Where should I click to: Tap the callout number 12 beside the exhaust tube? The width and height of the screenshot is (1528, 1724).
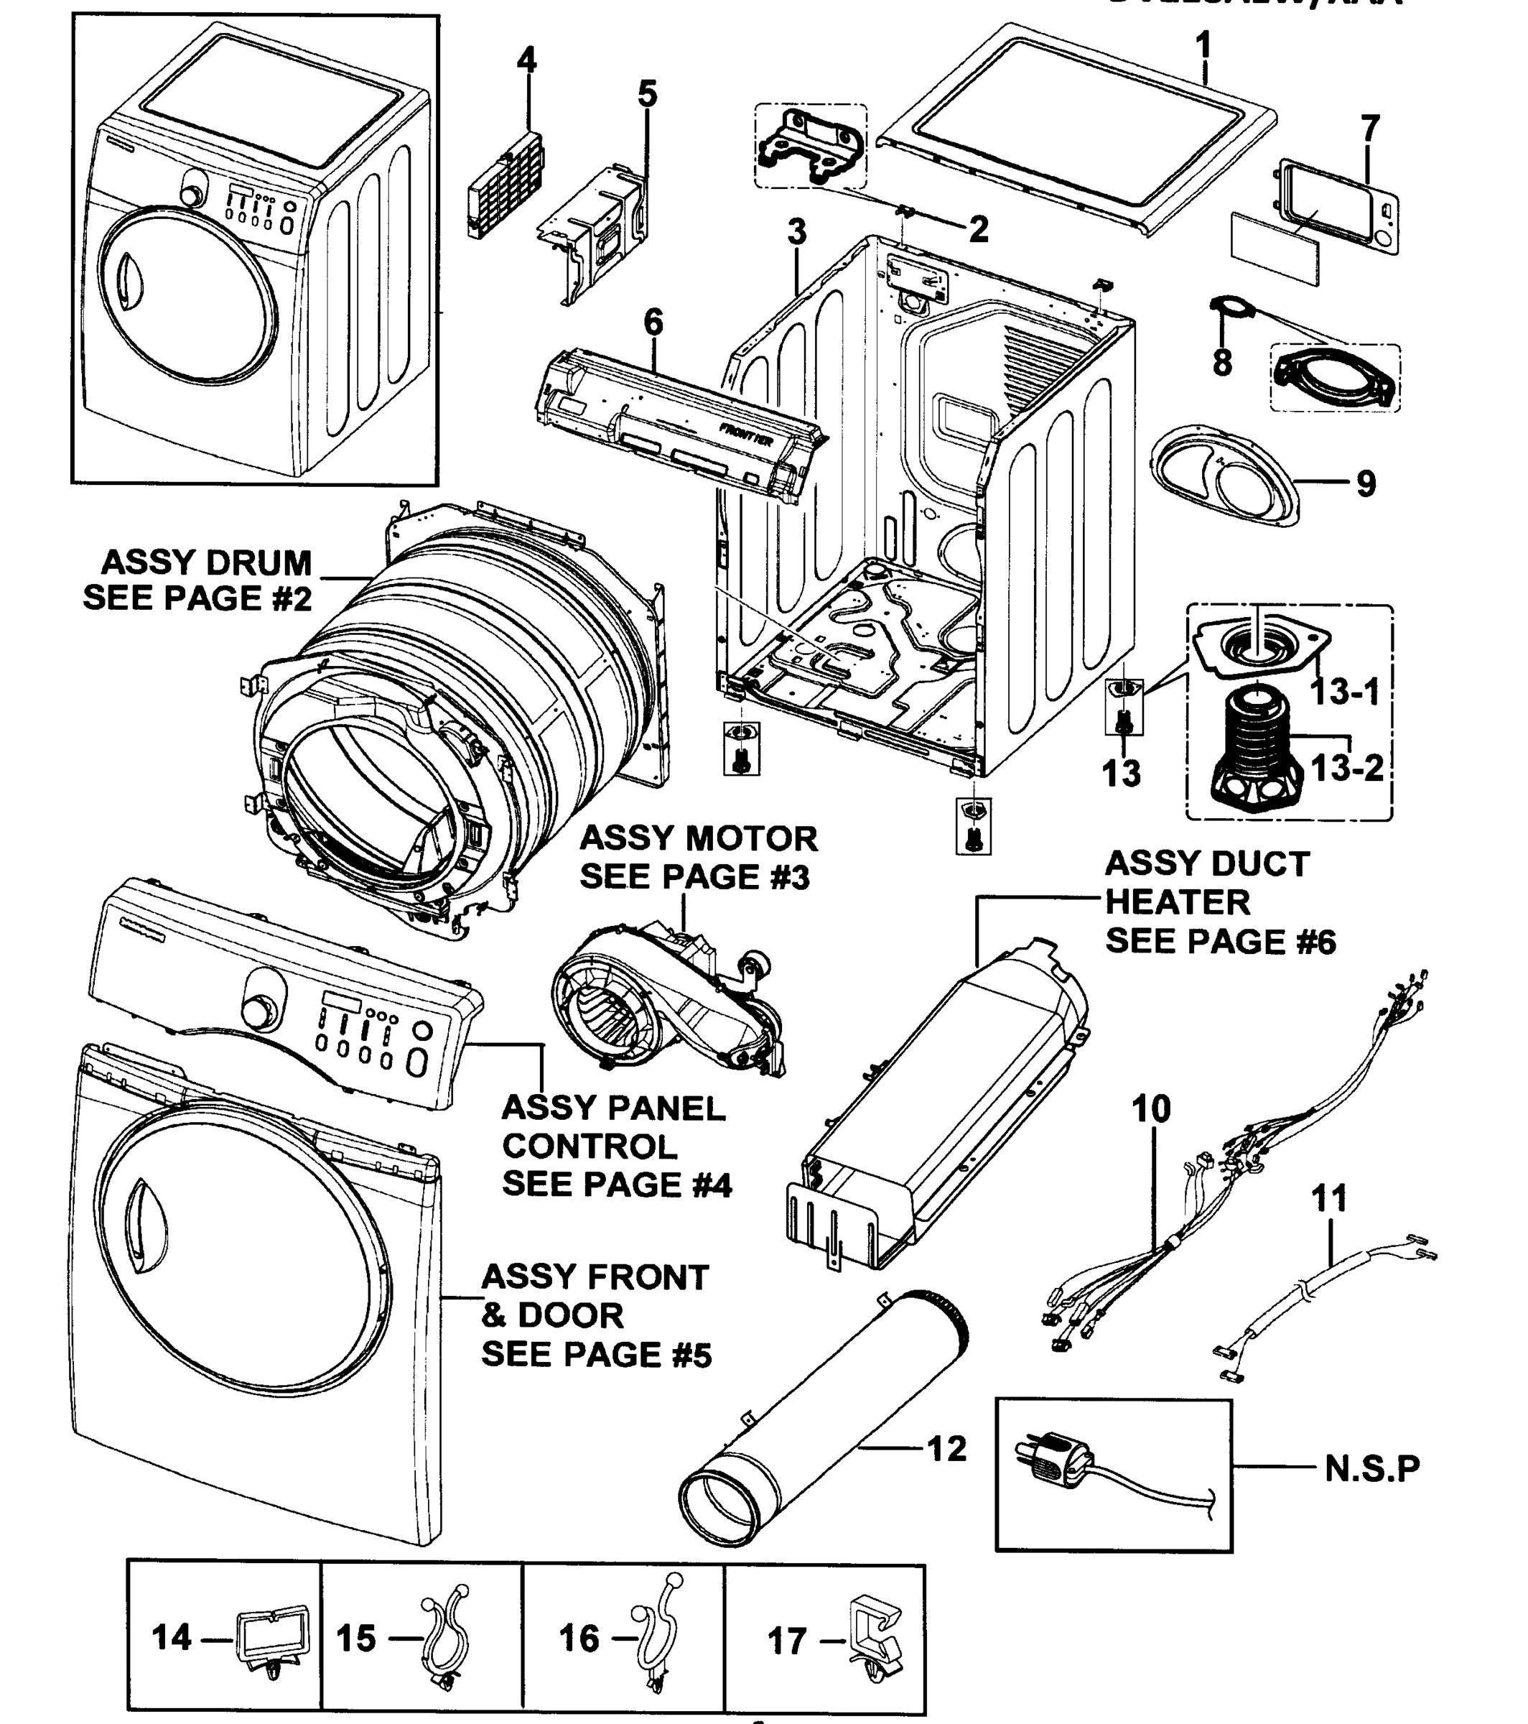tap(946, 1449)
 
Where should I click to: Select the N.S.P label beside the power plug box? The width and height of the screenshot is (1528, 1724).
tap(1372, 1468)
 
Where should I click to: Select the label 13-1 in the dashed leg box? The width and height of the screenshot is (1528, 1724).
tap(1344, 692)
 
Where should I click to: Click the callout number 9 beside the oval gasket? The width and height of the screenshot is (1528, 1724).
tap(1366, 483)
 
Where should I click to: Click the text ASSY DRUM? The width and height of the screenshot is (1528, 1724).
tap(207, 562)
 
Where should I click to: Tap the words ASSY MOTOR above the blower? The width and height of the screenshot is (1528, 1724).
tap(698, 839)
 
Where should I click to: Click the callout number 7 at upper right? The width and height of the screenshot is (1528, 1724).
tap(1370, 129)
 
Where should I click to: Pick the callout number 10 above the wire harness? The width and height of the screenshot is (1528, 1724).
tap(1151, 1109)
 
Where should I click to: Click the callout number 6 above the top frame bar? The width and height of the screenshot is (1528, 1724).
tap(653, 323)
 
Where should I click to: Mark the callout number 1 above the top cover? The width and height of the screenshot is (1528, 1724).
tap(1203, 45)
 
